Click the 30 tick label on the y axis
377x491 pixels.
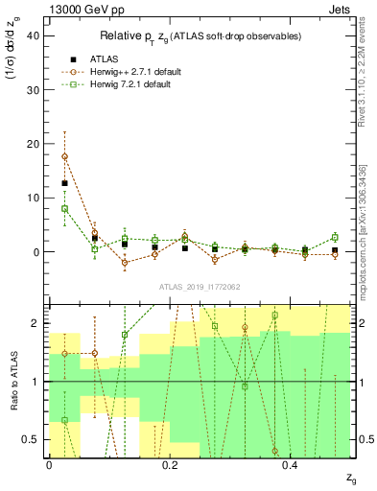[35, 89]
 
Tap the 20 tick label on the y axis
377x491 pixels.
[35, 144]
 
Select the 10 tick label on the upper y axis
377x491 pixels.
[35, 199]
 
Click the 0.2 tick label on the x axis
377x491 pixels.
[170, 465]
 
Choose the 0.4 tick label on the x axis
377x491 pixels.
[292, 465]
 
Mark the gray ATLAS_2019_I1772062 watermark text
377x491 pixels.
[200, 287]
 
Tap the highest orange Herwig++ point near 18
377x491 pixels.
[64, 156]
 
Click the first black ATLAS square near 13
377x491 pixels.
[64, 183]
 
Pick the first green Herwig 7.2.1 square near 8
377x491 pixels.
[64, 208]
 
